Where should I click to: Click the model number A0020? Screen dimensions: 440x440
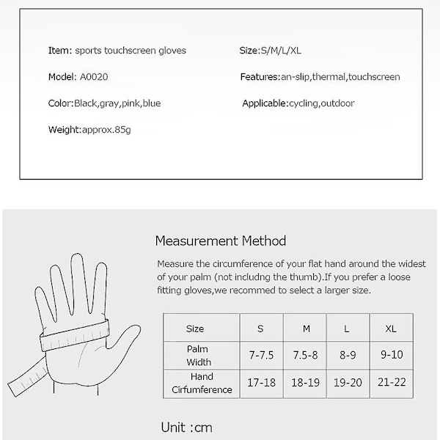point(93,77)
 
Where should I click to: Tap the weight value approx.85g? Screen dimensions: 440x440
point(106,130)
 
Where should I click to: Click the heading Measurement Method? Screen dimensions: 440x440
point(221,241)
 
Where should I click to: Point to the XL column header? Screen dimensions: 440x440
point(390,329)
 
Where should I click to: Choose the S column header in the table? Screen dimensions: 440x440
point(260,329)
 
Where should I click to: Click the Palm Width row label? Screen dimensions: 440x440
point(198,356)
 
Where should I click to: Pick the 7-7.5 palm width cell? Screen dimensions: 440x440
point(261,356)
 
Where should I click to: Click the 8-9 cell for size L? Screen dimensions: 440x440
point(347,356)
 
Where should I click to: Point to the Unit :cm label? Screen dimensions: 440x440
point(186,428)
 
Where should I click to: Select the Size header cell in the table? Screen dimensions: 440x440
point(195,329)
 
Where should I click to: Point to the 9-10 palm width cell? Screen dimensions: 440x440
point(390,356)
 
